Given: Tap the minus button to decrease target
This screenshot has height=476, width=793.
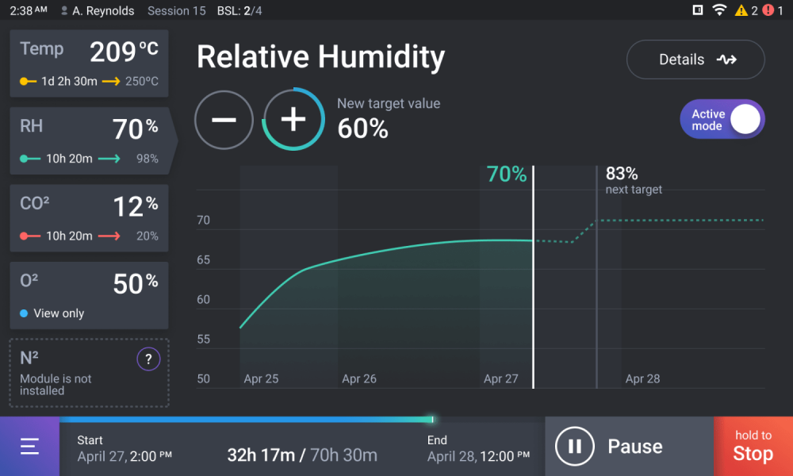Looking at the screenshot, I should (x=224, y=120).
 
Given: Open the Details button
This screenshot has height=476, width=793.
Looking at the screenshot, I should (x=695, y=59).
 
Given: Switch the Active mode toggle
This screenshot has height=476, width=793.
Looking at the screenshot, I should (x=722, y=120).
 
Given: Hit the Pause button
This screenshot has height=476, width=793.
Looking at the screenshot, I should (x=629, y=447).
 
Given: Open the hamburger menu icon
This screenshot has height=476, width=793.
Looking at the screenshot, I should (x=29, y=447).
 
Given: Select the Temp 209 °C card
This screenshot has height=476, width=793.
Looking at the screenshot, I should (x=89, y=63).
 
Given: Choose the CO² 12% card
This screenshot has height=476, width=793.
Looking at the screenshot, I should (x=89, y=218).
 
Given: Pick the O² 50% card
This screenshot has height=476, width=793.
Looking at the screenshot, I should (x=89, y=295).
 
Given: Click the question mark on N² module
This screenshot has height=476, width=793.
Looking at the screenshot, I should (x=148, y=360).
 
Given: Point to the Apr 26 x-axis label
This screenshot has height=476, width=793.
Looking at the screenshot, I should (x=359, y=379).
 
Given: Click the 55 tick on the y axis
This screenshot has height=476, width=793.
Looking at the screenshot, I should (x=203, y=340).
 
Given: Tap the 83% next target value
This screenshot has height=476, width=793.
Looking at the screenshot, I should (x=622, y=174).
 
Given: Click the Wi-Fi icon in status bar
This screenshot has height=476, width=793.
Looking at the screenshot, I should (x=719, y=10).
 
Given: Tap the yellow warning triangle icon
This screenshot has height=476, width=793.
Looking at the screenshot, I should (x=741, y=10).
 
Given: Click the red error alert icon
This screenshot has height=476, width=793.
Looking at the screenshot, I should (x=768, y=10).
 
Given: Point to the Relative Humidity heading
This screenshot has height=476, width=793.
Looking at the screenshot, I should (x=320, y=57).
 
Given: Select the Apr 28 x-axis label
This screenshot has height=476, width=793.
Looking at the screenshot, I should (x=642, y=379).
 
